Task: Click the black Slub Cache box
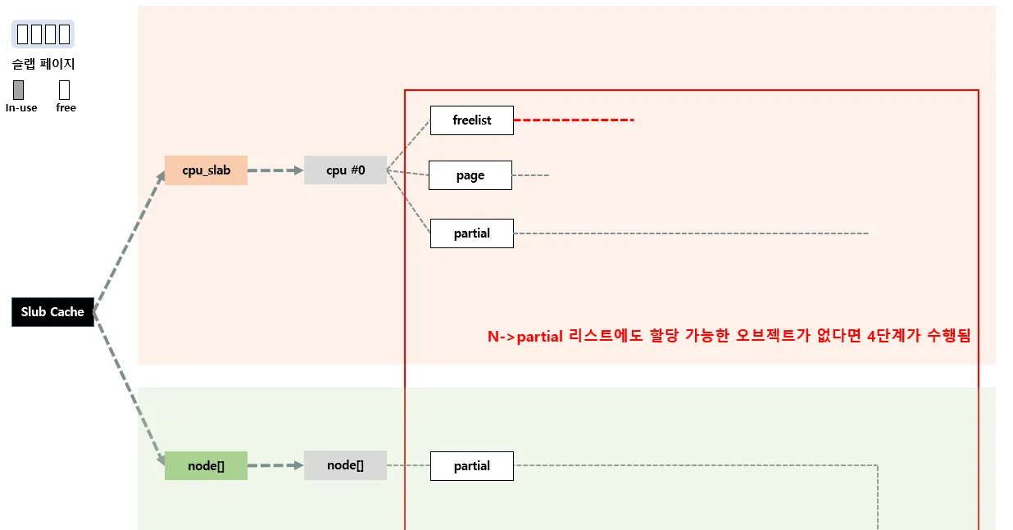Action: coord(52,312)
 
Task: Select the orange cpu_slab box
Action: coord(206,170)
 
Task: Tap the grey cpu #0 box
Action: coord(345,170)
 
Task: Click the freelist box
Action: coord(471,120)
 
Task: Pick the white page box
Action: coord(470,175)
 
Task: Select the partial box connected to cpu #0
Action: coord(471,233)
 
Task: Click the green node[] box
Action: coord(206,465)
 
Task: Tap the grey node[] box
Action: coord(345,465)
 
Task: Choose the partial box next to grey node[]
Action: coord(471,466)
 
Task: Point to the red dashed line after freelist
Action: coord(574,120)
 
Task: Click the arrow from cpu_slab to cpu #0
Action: coord(275,170)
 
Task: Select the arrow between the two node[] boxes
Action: coord(275,465)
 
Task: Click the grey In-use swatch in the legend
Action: coord(19,90)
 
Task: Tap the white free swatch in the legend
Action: coord(65,90)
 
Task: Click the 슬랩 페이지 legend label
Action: coord(43,64)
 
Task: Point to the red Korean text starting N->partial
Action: coord(729,337)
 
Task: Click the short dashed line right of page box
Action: coord(530,175)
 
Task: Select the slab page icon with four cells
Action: coord(43,34)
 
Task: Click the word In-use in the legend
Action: coord(21,108)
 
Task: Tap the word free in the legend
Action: coord(66,108)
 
